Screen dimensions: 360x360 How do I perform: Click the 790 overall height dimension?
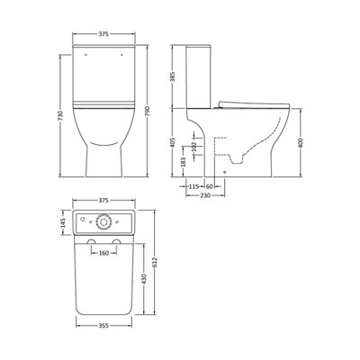[148, 111]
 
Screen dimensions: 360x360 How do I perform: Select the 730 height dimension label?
[60, 116]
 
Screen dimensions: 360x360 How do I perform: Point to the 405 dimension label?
[174, 142]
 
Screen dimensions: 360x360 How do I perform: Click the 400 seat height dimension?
[301, 142]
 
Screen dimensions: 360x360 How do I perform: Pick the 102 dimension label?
[194, 147]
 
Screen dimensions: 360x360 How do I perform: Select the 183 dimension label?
[184, 162]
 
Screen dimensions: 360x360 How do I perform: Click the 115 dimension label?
[193, 186]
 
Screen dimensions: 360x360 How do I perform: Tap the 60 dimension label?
[210, 186]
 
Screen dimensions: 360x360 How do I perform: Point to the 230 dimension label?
[205, 195]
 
